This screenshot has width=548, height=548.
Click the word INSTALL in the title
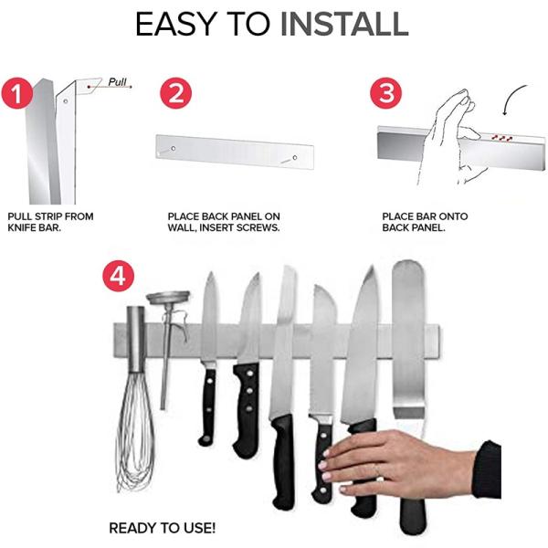click(x=343, y=25)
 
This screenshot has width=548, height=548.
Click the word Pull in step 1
click(x=118, y=81)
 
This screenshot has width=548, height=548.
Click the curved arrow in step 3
click(x=514, y=98)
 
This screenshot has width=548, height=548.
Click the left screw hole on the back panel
click(x=170, y=150)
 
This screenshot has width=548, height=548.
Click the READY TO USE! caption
click(x=163, y=528)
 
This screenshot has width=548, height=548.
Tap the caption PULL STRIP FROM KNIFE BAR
click(x=49, y=222)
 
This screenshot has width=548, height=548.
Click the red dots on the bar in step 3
click(x=501, y=137)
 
